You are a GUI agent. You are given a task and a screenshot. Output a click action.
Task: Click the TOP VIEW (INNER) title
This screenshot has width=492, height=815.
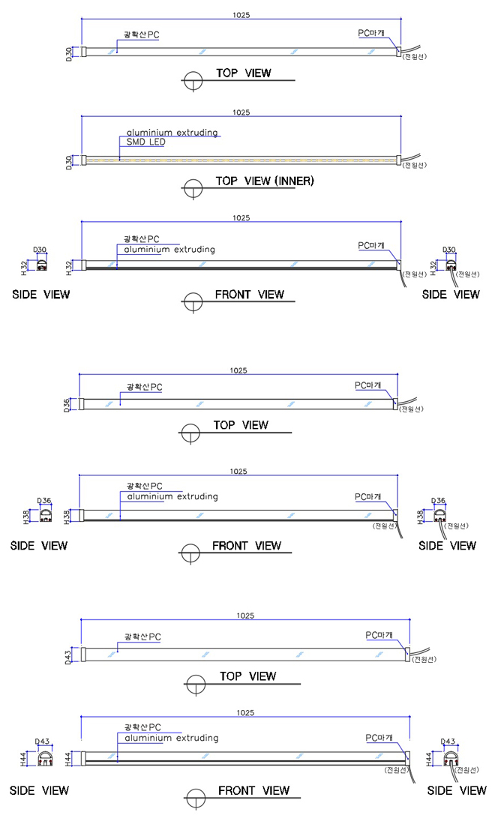[x=265, y=181]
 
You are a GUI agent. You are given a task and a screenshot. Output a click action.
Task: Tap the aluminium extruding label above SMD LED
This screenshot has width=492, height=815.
[x=172, y=133]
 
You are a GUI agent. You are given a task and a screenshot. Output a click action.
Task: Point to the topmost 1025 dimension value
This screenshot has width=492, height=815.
[x=241, y=15]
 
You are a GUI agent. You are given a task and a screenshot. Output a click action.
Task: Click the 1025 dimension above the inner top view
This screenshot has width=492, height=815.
[x=241, y=112]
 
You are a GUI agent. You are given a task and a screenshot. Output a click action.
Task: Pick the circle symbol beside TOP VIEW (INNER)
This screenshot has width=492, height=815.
[x=193, y=187]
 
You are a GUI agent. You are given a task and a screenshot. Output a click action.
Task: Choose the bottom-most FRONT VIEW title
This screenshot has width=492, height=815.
[x=253, y=790]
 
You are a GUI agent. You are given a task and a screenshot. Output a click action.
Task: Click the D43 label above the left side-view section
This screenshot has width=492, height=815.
[x=43, y=742]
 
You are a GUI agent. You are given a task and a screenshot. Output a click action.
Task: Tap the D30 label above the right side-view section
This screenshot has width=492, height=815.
[x=449, y=249]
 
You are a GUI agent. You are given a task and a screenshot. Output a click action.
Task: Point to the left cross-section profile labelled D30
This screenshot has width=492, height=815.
[x=42, y=265]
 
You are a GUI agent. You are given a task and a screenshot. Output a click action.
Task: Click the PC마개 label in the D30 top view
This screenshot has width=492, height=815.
[x=371, y=33]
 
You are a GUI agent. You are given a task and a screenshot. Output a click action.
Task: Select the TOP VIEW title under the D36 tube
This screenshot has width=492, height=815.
[x=241, y=425]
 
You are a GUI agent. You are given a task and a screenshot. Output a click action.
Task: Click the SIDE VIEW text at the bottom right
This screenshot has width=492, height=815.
[x=457, y=790]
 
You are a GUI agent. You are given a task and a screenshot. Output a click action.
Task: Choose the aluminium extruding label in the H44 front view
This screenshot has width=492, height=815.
[x=172, y=738]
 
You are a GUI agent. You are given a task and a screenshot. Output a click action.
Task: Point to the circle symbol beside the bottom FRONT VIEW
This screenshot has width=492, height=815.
[x=196, y=797]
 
